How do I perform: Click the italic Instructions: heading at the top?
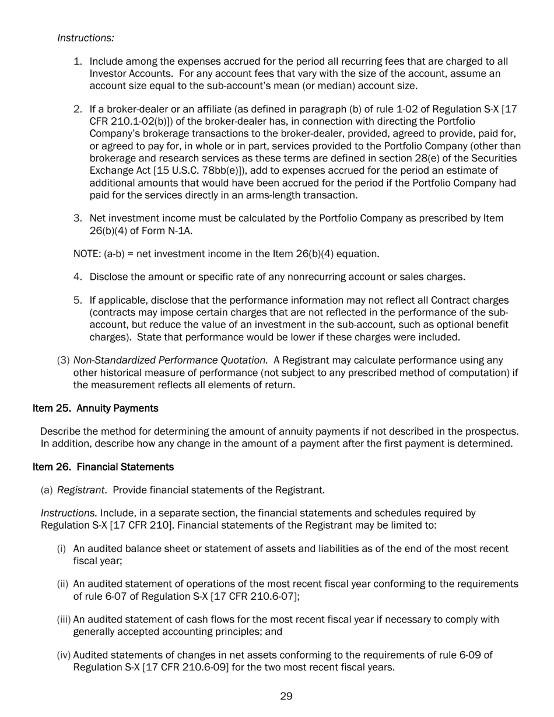tap(85, 38)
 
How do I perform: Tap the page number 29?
tap(286, 696)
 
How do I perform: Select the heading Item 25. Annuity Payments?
tap(95, 408)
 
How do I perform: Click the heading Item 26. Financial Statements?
tap(103, 467)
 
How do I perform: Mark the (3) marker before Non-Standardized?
tap(63, 360)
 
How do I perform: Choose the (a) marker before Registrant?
tap(47, 490)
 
